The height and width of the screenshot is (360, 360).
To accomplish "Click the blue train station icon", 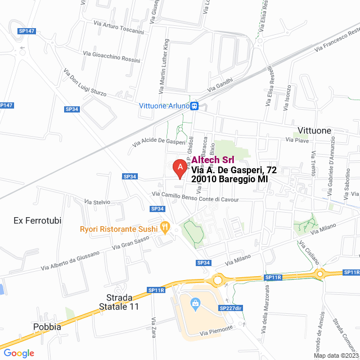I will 194,106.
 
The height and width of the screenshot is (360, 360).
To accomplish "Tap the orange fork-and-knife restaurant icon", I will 165,228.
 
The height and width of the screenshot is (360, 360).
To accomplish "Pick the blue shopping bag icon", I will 195,304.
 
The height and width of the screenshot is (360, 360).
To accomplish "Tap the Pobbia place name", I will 47,327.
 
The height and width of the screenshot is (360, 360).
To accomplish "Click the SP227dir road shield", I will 229,308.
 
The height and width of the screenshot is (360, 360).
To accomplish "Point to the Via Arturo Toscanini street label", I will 119,29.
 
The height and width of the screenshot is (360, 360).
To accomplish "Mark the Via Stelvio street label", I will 97,201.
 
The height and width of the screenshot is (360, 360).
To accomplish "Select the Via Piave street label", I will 298,139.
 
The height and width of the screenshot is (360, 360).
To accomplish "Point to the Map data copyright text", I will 336,355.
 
